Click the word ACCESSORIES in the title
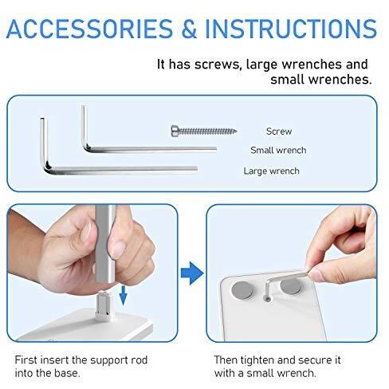pos(89,29)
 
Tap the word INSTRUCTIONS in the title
pos(291,29)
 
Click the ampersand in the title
pos(189,29)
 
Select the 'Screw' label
pos(279,132)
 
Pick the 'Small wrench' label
pos(278,150)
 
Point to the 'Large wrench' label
pos(271,171)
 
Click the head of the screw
pos(175,131)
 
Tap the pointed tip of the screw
pos(235,131)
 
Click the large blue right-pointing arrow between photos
pos(192,273)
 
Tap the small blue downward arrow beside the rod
pos(123,295)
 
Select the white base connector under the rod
pos(104,305)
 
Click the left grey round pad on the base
pos(242,290)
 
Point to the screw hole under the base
pos(268,300)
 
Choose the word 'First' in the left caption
pos(26,360)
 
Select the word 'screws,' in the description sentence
pos(218,65)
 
